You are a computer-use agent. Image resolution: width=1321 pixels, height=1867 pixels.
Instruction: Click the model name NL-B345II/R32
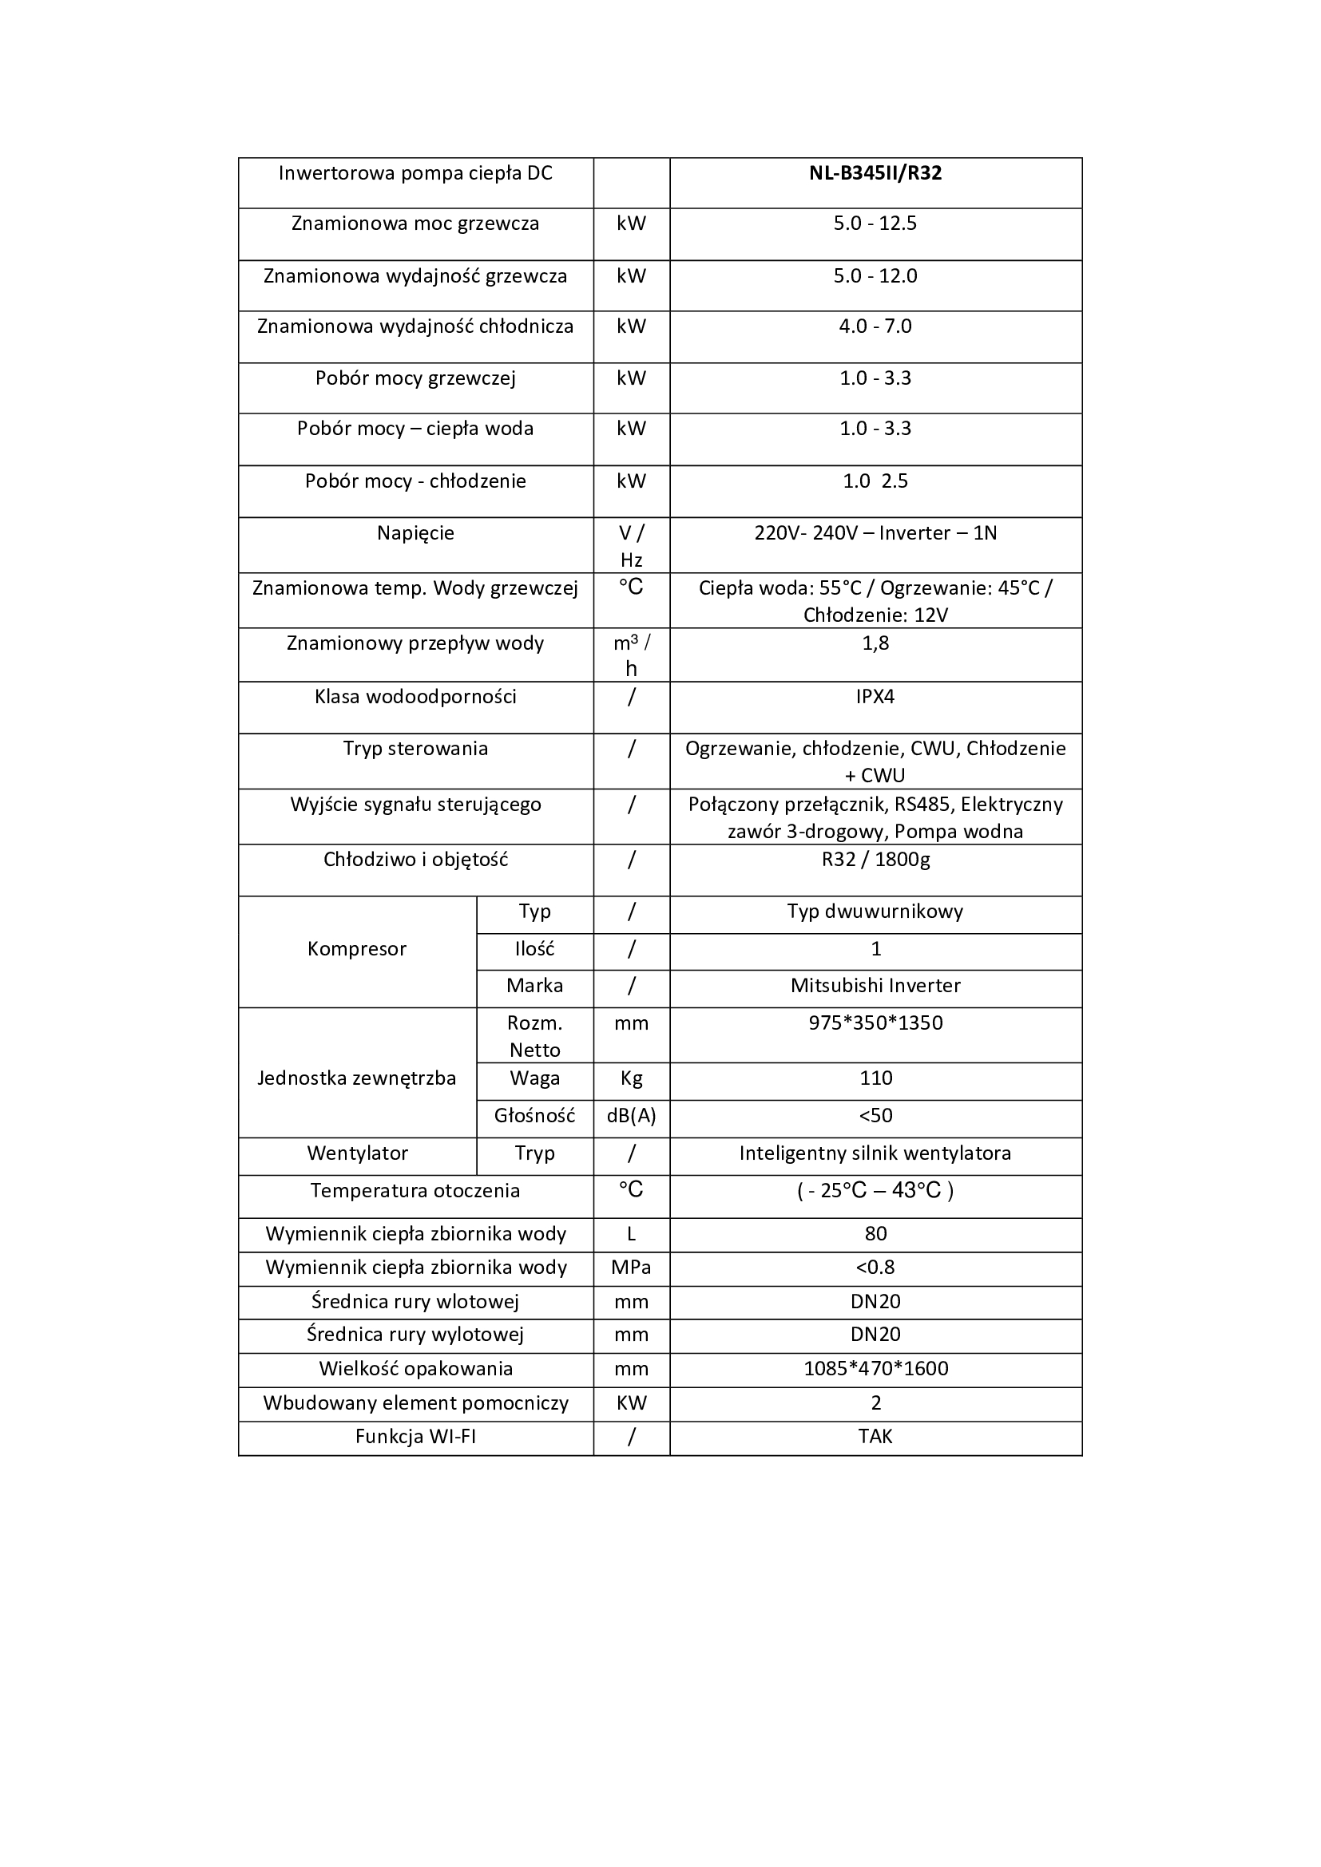[x=875, y=173]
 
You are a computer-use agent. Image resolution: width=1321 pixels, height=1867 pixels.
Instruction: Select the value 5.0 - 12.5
[x=875, y=223]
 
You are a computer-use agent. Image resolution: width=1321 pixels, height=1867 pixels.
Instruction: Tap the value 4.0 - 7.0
[x=875, y=326]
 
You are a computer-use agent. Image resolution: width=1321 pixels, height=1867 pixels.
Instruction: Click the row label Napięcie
[x=415, y=533]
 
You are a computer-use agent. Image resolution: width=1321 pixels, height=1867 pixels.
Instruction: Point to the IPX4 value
[x=875, y=697]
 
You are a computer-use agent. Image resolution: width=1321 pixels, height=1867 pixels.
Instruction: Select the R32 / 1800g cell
[x=875, y=860]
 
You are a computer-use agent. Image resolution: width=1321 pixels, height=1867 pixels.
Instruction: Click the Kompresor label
[x=356, y=949]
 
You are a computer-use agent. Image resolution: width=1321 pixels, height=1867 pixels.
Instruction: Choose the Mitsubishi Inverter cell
[x=875, y=986]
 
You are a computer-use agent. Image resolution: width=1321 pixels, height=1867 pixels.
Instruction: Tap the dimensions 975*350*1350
[x=875, y=1023]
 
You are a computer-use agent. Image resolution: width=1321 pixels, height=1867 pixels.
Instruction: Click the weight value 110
[x=875, y=1078]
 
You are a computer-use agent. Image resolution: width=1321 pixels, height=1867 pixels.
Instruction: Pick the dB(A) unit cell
[x=631, y=1116]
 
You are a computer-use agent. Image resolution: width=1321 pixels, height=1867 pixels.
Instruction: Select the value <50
[x=875, y=1116]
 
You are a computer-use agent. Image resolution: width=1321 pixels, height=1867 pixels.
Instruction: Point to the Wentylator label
[x=357, y=1153]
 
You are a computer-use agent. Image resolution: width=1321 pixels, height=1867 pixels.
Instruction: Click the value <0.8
[x=875, y=1267]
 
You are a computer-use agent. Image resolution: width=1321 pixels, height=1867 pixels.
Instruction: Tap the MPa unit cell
[x=631, y=1267]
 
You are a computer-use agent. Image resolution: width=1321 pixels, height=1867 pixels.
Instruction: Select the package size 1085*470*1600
[x=875, y=1369]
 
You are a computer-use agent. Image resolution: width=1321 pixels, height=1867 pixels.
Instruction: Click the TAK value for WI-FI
[x=875, y=1436]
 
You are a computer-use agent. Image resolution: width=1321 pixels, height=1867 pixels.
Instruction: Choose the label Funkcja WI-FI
[x=415, y=1436]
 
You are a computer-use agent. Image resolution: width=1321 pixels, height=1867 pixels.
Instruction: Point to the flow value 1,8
[x=875, y=643]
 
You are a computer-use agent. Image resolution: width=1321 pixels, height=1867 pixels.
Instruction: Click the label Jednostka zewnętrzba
[x=356, y=1078]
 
